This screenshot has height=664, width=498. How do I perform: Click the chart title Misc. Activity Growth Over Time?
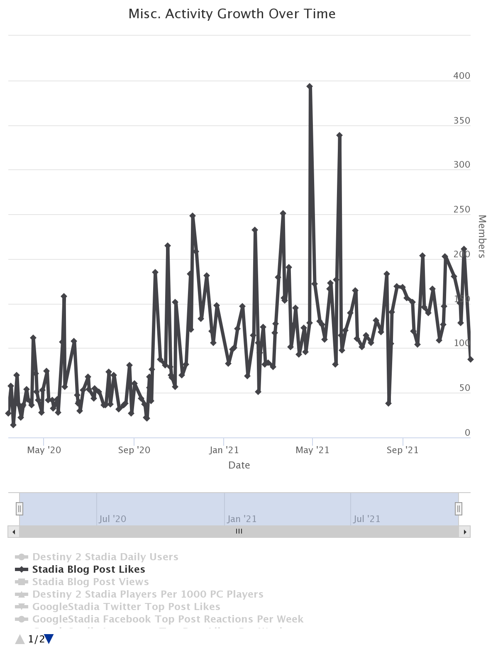(x=232, y=14)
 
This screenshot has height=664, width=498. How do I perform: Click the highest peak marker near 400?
(x=310, y=86)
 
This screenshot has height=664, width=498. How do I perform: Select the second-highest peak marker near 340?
(x=339, y=135)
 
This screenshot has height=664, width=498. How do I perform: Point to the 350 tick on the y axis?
(x=461, y=120)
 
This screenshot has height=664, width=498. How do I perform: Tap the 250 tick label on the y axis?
(x=461, y=209)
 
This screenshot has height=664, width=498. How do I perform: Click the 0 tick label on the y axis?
(x=467, y=432)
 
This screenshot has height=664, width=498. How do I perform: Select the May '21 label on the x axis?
(x=312, y=450)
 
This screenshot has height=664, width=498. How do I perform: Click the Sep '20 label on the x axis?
(x=134, y=450)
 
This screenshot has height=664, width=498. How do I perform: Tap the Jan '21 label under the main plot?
(x=224, y=450)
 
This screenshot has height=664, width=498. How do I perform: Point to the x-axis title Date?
(x=239, y=465)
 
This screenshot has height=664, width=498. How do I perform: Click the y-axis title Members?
(x=482, y=236)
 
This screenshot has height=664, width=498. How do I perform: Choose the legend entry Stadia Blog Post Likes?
(x=88, y=569)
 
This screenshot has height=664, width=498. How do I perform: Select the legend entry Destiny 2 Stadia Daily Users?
(x=105, y=557)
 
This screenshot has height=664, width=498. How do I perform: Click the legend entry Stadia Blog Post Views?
(x=90, y=582)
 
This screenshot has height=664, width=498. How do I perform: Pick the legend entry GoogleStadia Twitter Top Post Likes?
(x=126, y=607)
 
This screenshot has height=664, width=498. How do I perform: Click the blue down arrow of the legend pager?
(x=49, y=639)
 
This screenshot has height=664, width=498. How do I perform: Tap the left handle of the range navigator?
(x=20, y=508)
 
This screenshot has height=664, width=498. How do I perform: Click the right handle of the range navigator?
(x=459, y=508)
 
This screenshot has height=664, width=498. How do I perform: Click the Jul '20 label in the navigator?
(x=112, y=519)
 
